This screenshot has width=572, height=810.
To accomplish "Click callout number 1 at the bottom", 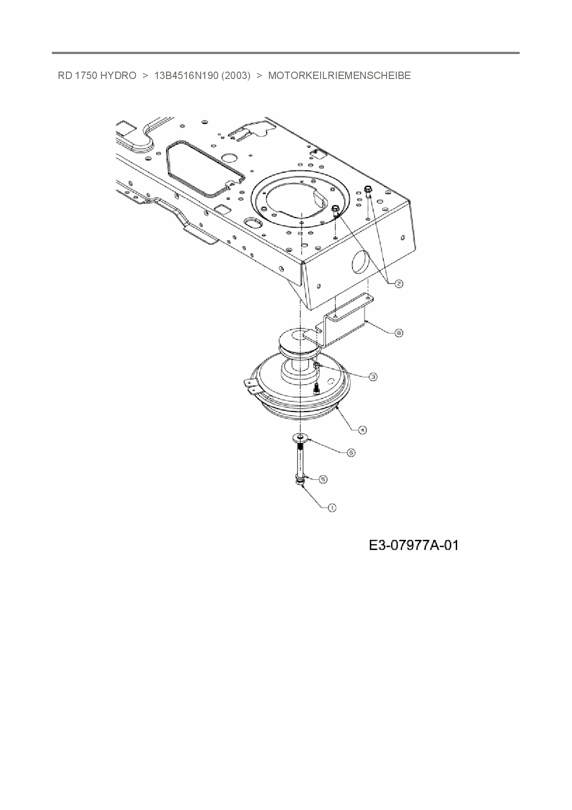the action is [x=332, y=508].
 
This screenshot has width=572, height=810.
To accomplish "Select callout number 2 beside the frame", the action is [x=398, y=284].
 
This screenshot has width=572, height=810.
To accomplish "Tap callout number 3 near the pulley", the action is [x=373, y=377].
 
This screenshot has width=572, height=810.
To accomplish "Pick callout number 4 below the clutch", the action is [x=363, y=429].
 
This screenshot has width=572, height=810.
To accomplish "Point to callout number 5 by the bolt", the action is [x=323, y=479].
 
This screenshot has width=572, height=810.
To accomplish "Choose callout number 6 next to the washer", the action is [x=351, y=453].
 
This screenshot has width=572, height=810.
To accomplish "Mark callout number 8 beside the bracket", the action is [x=399, y=332].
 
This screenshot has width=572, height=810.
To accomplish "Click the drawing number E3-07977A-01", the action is [x=413, y=545].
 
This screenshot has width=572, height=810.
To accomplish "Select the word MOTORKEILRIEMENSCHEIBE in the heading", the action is [x=339, y=76].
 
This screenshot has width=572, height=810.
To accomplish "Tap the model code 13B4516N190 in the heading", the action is [x=186, y=76].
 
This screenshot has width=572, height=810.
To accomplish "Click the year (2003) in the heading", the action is [x=236, y=76].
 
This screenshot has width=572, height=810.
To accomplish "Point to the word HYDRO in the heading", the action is [x=118, y=76].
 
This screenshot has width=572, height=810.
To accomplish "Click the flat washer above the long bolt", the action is [x=300, y=436].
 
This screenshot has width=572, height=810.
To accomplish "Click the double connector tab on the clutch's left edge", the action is [x=250, y=385].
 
